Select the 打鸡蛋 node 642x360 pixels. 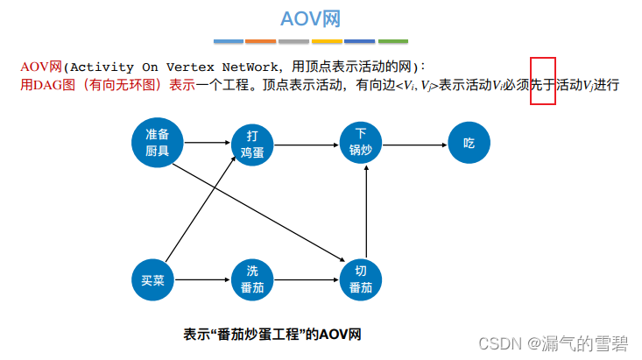click(x=252, y=143)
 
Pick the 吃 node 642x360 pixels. click(x=469, y=143)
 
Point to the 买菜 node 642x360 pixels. click(x=152, y=280)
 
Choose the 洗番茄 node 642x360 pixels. click(x=252, y=280)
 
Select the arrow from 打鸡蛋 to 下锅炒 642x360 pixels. click(x=307, y=141)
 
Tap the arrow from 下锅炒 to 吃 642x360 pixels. click(x=414, y=141)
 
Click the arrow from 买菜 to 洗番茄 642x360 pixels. click(x=202, y=280)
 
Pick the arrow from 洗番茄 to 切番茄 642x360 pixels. click(x=307, y=280)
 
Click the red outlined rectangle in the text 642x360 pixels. click(x=543, y=81)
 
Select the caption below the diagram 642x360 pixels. click(x=272, y=334)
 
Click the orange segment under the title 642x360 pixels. click(x=261, y=41)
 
